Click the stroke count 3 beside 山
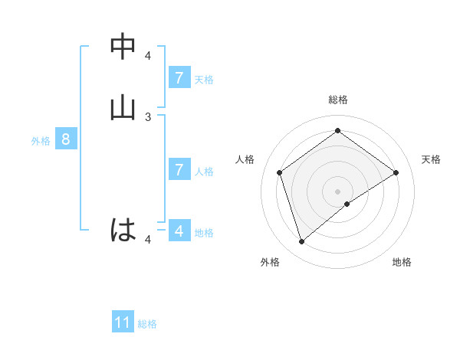tap(149, 116)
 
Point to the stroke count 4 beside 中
tap(149, 55)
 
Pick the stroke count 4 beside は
tap(149, 240)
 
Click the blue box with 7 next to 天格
tap(179, 78)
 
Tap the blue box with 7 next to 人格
tap(179, 170)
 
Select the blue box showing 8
tap(66, 139)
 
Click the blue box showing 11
tap(123, 322)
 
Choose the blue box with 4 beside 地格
tap(179, 231)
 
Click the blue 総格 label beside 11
tap(147, 324)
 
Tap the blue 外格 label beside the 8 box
tap(40, 141)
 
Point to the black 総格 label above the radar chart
tap(337, 100)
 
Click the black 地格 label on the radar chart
tap(402, 263)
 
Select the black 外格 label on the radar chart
tap(269, 263)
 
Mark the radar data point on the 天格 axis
tap(396, 172)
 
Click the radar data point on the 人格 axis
tap(280, 172)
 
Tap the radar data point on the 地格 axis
tap(347, 204)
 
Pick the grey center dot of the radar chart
tap(337, 191)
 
